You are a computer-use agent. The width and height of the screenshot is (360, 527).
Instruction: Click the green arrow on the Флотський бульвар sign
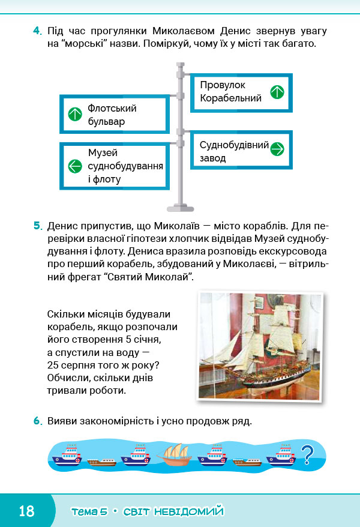point(75,114)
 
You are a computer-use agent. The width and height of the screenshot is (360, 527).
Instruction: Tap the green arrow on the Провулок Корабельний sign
point(277,92)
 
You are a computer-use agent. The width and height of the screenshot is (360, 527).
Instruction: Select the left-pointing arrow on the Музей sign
point(75,166)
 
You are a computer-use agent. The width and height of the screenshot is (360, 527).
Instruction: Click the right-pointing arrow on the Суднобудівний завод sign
point(277,149)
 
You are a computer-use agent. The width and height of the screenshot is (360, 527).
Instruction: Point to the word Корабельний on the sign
point(231,98)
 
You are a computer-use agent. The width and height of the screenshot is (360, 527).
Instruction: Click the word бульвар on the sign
point(106,121)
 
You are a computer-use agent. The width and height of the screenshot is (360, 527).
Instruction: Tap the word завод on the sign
point(212,158)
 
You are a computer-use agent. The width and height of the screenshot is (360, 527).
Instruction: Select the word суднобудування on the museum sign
point(125,166)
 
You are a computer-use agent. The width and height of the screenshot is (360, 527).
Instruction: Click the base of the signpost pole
point(181,208)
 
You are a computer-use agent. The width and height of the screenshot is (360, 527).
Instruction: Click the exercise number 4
point(37,31)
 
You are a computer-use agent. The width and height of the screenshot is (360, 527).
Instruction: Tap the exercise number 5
point(38,226)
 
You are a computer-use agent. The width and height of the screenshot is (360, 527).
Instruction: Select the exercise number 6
point(38,421)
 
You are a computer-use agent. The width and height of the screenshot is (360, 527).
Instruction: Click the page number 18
point(26,511)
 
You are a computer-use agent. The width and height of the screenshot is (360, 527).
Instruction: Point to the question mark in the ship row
point(307,455)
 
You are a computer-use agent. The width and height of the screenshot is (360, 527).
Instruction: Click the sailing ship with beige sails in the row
point(174,455)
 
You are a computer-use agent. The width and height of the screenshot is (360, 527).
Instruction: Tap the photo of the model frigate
point(260,346)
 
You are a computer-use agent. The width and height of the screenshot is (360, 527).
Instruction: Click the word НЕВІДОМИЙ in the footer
point(189,511)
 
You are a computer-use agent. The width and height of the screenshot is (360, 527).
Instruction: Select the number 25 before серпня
point(53,365)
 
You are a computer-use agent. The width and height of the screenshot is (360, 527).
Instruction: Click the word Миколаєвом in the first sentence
point(184,31)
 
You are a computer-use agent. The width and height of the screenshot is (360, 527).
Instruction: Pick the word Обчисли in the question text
point(67,378)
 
